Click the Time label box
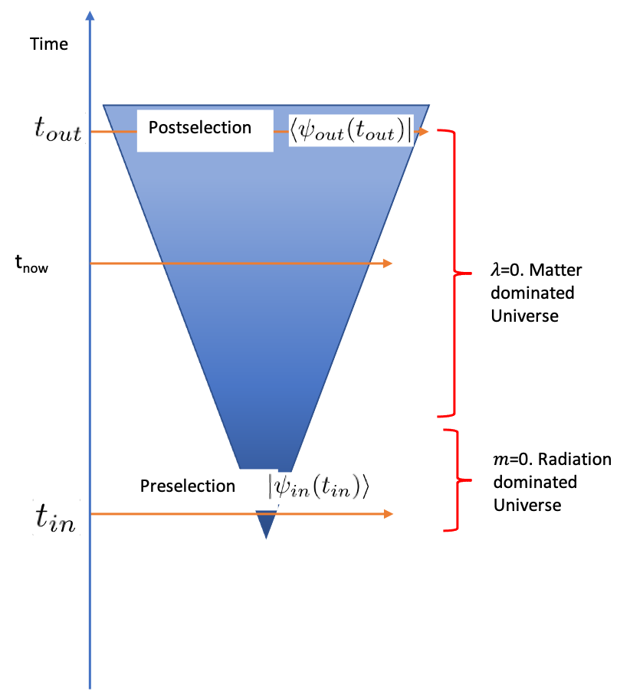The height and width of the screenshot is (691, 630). point(49,44)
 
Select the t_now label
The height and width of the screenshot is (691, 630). point(37,263)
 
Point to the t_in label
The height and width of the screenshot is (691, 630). point(57,518)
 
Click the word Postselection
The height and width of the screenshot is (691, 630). point(200,127)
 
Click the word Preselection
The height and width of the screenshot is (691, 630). point(187,486)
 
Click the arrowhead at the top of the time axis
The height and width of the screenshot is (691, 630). point(90,15)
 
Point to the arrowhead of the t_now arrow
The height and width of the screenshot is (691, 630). point(389,264)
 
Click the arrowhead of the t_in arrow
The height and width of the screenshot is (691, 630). point(389,513)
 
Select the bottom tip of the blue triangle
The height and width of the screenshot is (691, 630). point(265,538)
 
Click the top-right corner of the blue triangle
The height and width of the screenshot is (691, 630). point(429,105)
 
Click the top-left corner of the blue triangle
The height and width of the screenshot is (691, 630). point(103,105)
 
